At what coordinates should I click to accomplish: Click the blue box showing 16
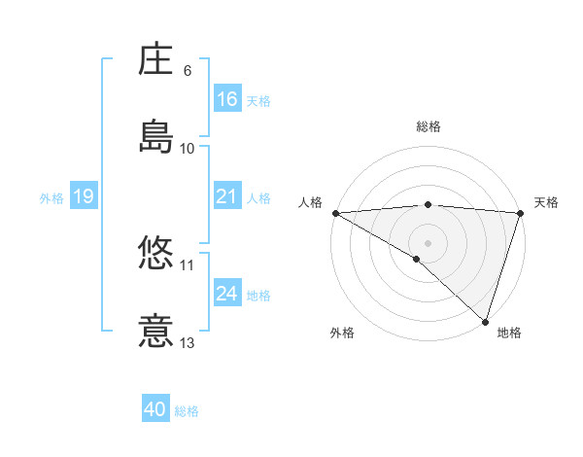pyautogui.click(x=227, y=99)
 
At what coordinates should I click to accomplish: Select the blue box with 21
pyautogui.click(x=227, y=197)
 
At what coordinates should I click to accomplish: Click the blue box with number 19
pyautogui.click(x=83, y=197)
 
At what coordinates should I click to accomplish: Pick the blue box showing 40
pyautogui.click(x=155, y=410)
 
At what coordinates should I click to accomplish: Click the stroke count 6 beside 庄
pyautogui.click(x=188, y=71)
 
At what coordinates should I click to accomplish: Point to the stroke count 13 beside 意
pyautogui.click(x=188, y=342)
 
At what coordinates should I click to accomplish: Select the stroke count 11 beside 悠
pyautogui.click(x=188, y=264)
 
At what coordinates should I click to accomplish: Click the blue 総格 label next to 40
pyautogui.click(x=188, y=411)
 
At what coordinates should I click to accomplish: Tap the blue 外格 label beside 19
pyautogui.click(x=51, y=198)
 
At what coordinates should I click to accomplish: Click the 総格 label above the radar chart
pyautogui.click(x=429, y=126)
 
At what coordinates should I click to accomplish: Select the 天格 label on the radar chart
pyautogui.click(x=546, y=202)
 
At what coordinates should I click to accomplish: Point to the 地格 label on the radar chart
pyautogui.click(x=509, y=333)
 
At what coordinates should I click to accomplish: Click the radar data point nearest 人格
pyautogui.click(x=335, y=213)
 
